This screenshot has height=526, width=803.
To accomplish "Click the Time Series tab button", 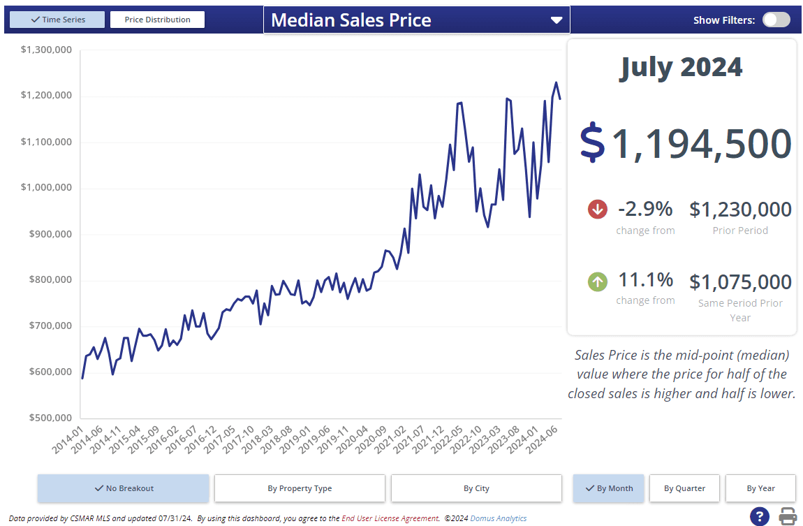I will (58, 20).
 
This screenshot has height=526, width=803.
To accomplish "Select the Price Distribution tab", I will (157, 20).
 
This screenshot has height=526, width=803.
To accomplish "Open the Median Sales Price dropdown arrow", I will (557, 20).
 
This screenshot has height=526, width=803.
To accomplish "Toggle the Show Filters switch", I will (776, 20).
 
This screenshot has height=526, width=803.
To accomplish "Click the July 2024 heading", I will (681, 67).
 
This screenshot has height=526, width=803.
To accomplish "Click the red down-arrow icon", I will (598, 209).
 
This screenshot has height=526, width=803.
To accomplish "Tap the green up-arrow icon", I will (598, 282).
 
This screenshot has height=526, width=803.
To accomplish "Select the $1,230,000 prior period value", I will (740, 209).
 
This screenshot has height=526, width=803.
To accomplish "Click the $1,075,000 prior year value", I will (740, 282).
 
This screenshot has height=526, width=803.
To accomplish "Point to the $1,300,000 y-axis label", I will (46, 50).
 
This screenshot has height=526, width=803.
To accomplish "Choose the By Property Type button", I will (300, 488).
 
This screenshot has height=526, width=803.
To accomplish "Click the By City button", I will (476, 488).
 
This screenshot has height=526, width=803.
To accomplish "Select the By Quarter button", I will (684, 488).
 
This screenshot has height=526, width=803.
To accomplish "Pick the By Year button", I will (760, 488).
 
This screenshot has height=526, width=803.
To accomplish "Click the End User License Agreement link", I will (390, 518).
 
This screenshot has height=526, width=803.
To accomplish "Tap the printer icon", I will (788, 517).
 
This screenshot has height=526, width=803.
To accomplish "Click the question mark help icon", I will (760, 517).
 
